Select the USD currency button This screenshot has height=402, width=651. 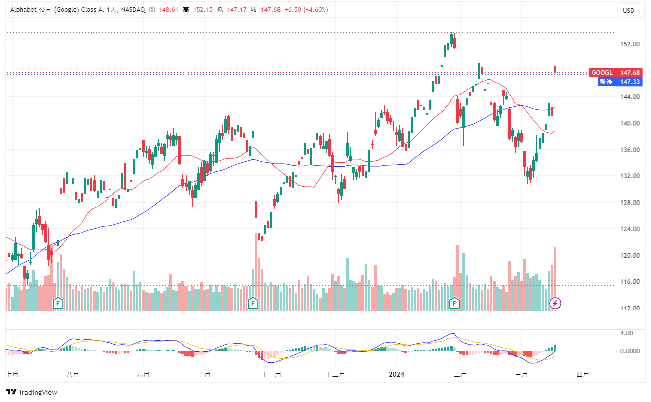[628, 11]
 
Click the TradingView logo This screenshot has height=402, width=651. [32, 392]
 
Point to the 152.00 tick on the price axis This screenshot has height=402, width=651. [630, 44]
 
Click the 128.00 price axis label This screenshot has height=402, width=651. [630, 203]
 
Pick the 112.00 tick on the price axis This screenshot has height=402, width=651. [630, 309]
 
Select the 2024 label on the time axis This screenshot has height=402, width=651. [397, 375]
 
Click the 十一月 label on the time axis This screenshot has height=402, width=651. [271, 375]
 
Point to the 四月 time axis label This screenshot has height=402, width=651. [582, 375]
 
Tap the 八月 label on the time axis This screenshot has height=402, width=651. [73, 375]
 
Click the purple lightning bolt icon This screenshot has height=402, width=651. [555, 303]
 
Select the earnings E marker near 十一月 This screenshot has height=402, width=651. [253, 303]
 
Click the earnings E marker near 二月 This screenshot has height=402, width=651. [455, 303]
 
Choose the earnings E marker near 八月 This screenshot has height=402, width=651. [59, 303]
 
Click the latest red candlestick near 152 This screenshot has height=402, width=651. [555, 69]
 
